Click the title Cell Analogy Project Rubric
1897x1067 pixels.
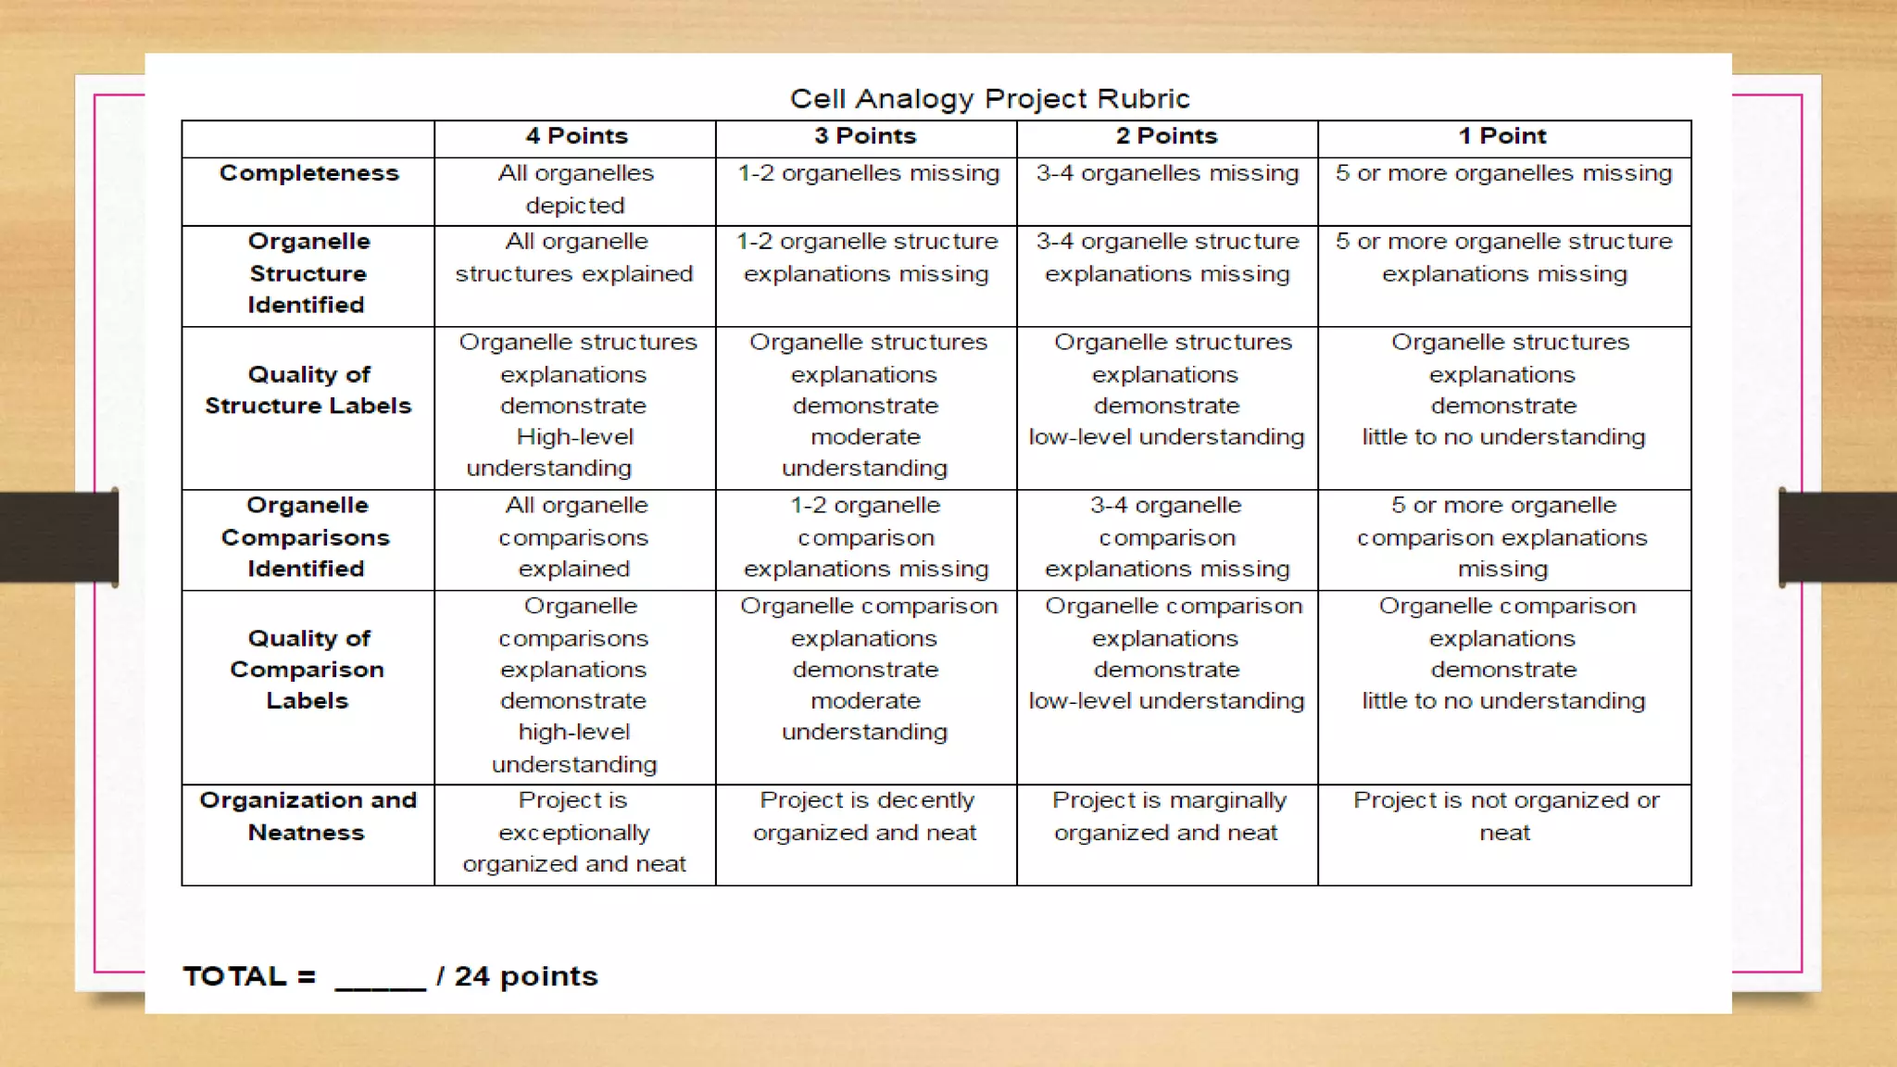[x=989, y=98]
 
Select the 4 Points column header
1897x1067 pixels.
[x=576, y=136]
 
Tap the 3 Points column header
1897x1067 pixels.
[x=865, y=136]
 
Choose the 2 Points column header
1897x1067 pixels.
[x=1166, y=136]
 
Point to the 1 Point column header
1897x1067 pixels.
[x=1502, y=136]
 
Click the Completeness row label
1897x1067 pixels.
[x=308, y=173]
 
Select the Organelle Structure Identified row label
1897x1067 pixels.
[x=308, y=273]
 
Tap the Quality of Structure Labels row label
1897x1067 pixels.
[x=308, y=390]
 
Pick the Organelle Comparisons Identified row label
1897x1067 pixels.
[x=307, y=537]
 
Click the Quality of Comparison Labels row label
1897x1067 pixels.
[x=308, y=669]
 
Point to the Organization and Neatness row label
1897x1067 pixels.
[x=308, y=816]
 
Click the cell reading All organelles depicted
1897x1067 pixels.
[x=575, y=189]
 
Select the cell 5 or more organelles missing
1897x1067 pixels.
[x=1503, y=173]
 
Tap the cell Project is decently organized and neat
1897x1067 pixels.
[x=865, y=816]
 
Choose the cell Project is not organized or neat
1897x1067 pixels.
[x=1505, y=816]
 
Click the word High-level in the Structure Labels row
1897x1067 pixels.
[x=574, y=436]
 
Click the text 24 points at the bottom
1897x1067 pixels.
[x=525, y=976]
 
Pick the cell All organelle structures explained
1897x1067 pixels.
[x=574, y=257]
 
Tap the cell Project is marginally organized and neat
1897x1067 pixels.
[x=1167, y=816]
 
